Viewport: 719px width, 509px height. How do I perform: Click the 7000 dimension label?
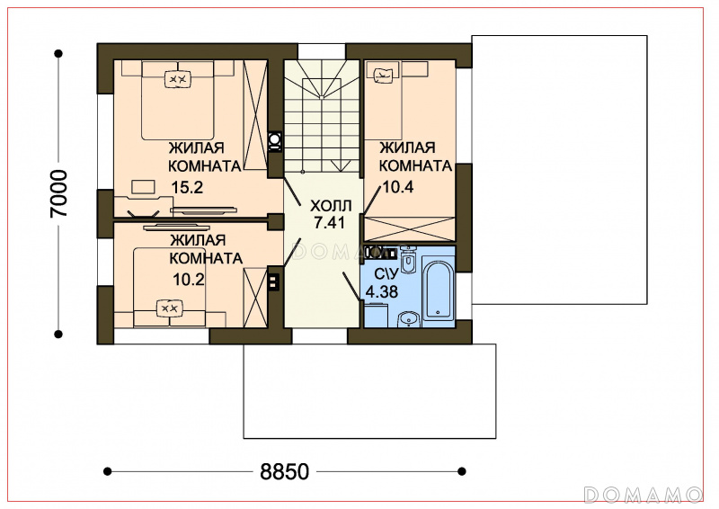(x=59, y=193)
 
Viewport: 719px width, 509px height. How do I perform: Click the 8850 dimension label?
(x=285, y=471)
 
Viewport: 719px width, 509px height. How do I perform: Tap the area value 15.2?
(x=187, y=187)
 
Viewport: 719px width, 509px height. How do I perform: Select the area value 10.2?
(x=189, y=279)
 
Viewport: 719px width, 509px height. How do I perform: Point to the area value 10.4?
(x=398, y=187)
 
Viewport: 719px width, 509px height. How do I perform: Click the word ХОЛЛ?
(x=331, y=205)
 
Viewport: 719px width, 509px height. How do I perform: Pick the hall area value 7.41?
(x=330, y=223)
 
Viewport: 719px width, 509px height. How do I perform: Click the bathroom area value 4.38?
(x=381, y=291)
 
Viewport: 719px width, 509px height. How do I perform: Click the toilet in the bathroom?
(x=407, y=260)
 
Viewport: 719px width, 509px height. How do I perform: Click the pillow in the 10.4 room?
(x=384, y=75)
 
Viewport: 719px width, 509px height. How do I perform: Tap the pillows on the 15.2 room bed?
(x=177, y=79)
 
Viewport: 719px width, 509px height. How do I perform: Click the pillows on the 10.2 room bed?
(x=169, y=308)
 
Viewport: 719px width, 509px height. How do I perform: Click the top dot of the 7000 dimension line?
(x=58, y=54)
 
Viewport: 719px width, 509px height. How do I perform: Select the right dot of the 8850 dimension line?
(x=462, y=471)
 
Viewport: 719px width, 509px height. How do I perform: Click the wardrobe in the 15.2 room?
(x=255, y=115)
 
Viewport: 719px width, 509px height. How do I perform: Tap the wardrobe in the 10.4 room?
(x=409, y=228)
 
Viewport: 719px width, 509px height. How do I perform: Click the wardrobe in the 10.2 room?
(x=255, y=298)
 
